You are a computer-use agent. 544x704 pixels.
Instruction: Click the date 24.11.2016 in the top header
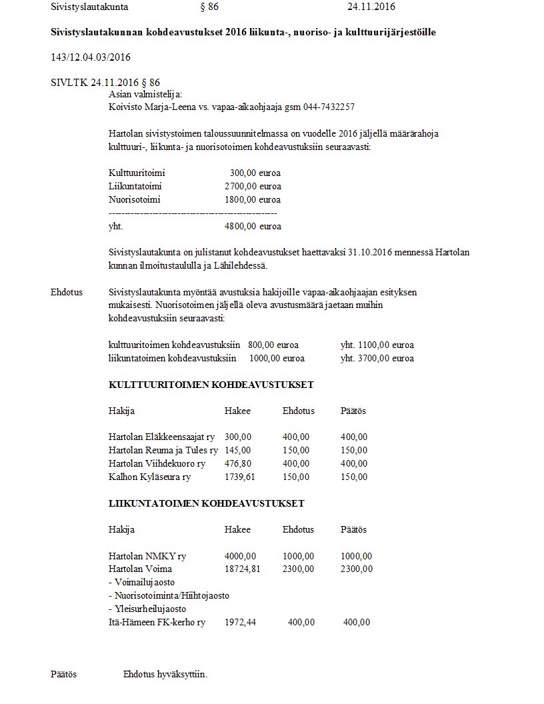point(371,7)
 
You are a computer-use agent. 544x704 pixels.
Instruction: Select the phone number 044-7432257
point(330,107)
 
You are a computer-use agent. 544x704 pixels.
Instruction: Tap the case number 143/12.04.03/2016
point(91,57)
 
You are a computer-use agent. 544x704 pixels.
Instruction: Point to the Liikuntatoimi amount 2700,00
point(241,186)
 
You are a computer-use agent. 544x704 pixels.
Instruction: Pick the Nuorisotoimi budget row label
point(135,199)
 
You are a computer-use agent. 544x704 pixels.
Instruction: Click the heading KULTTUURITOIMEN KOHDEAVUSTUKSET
point(211,385)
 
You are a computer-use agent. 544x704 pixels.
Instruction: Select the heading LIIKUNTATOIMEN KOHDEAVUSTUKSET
point(207,503)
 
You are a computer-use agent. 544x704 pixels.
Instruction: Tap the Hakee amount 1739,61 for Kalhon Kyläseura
point(240,477)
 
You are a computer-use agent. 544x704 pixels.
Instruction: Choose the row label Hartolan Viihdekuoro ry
point(157,463)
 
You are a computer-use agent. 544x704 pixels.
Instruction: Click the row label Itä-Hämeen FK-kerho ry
point(157,622)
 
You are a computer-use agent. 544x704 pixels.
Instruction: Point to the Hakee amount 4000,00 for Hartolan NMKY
point(240,556)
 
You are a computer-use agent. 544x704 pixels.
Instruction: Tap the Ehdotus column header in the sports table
point(298,529)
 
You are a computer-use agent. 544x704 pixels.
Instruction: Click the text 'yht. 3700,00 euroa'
point(377,358)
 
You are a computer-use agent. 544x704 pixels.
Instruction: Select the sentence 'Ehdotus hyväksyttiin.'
point(165,674)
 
